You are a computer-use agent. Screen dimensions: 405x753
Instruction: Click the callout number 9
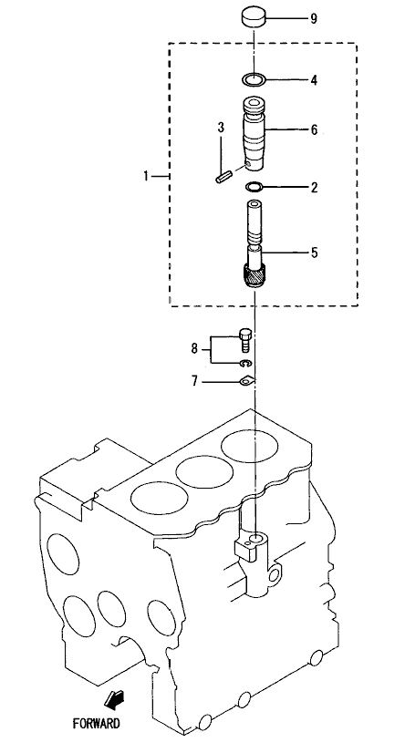(313, 19)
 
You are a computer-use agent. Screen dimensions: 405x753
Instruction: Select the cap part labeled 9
(254, 18)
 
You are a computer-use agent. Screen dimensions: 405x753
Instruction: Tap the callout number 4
(314, 79)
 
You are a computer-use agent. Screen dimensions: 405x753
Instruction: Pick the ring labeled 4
(254, 79)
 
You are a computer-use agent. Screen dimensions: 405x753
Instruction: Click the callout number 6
(314, 129)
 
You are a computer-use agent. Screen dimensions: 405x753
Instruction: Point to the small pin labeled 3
(223, 177)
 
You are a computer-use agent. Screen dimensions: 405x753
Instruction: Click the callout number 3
(221, 128)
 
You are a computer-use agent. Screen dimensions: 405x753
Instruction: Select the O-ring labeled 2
(254, 186)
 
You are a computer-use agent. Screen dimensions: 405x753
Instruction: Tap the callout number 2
(314, 187)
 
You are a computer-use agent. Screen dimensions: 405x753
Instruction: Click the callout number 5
(314, 253)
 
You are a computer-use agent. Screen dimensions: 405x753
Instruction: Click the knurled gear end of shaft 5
(254, 277)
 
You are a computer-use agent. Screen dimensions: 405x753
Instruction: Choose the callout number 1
(146, 176)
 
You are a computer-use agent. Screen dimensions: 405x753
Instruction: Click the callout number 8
(194, 348)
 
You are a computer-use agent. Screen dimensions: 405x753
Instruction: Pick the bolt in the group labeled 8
(244, 340)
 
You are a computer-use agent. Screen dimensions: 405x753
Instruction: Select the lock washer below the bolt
(245, 363)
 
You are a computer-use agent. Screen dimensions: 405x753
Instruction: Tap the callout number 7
(194, 382)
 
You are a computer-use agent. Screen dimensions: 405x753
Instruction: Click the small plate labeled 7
(246, 381)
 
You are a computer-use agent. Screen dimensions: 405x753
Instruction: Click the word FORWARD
(96, 723)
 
